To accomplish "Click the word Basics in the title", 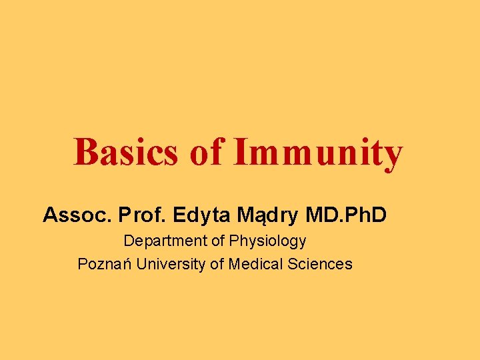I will tap(125, 152).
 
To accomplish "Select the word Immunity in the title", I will tap(318, 153).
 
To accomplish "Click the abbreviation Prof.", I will tap(142, 215).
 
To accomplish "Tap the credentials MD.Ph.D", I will tap(346, 215).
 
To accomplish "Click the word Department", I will tap(166, 241).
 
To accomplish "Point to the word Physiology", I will tap(267, 241).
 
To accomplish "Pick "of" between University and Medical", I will tap(217, 264).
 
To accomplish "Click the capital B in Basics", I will tap(85, 152).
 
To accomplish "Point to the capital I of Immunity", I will tap(240, 152).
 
